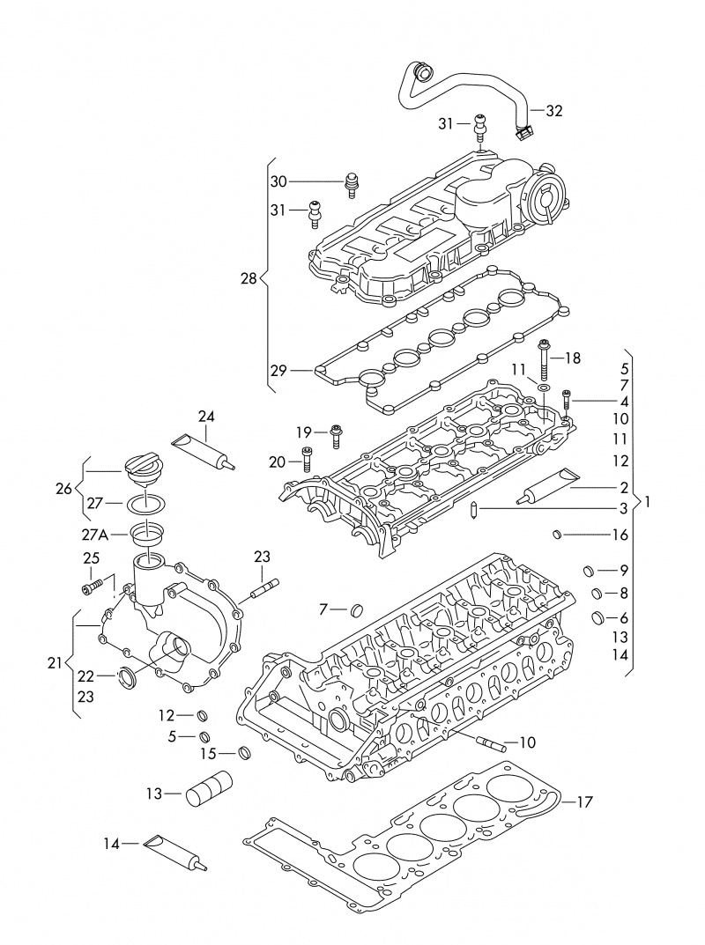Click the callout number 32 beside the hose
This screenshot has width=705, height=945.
tap(553, 111)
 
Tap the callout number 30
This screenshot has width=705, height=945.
tap(278, 181)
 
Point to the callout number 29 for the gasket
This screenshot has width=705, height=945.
tap(278, 371)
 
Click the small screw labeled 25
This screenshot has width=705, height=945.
tap(93, 585)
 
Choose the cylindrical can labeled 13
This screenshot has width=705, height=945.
tap(210, 789)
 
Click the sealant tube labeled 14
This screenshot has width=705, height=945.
tap(175, 851)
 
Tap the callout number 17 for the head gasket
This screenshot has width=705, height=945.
tap(583, 801)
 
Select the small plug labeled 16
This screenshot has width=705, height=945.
tap(557, 534)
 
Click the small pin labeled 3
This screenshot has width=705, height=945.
tap(475, 509)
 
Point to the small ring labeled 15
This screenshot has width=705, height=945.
tap(245, 753)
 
